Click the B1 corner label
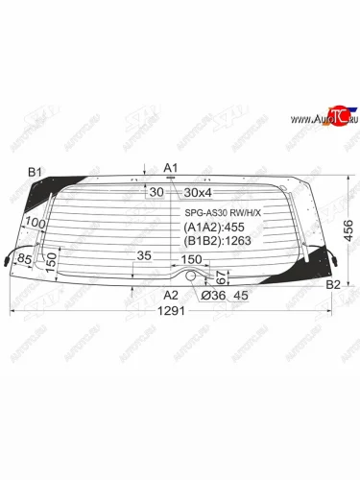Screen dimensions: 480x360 [36, 173]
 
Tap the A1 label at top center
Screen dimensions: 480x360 [172, 168]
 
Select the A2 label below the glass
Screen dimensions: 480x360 [171, 295]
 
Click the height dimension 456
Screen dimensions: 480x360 [348, 230]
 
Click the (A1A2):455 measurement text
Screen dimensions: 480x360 [212, 228]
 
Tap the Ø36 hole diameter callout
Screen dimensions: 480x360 [212, 296]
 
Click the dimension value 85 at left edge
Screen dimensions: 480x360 [24, 259]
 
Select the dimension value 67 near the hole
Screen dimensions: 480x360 [220, 277]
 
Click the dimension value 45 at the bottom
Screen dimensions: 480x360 [241, 296]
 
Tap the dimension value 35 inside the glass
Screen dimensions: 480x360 [144, 255]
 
